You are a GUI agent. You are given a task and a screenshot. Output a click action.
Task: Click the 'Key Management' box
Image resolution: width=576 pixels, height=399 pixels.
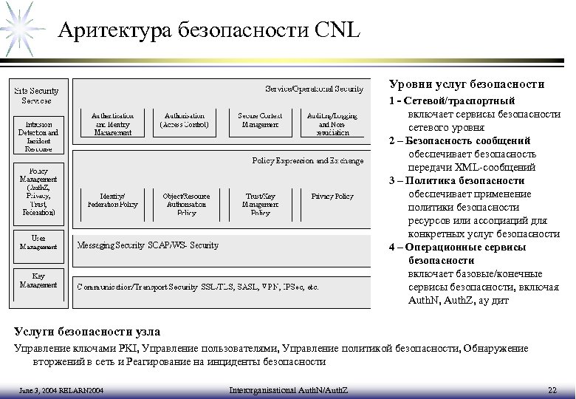tap(38, 279)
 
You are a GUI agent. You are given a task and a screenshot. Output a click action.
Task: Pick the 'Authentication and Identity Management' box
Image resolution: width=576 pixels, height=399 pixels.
tap(113, 123)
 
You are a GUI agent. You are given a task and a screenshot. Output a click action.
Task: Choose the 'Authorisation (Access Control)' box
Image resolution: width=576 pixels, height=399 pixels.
tap(185, 120)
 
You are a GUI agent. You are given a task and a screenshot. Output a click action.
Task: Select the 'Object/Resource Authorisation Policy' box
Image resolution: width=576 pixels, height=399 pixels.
tap(185, 203)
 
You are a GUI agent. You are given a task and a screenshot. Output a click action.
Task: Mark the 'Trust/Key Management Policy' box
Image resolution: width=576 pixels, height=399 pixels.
tap(260, 203)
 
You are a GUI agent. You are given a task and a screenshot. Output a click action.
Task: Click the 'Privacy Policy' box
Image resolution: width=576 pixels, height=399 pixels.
tap(332, 197)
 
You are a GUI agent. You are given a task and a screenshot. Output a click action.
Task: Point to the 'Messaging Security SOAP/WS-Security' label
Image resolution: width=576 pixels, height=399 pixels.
tap(148, 245)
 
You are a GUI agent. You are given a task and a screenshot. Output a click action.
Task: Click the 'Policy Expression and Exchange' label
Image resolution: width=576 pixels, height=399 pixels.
tap(308, 160)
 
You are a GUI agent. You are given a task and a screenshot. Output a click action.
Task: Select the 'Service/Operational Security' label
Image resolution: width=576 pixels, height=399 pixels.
tap(314, 89)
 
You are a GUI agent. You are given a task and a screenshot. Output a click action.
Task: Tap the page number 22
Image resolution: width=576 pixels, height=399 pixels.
tap(552, 389)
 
